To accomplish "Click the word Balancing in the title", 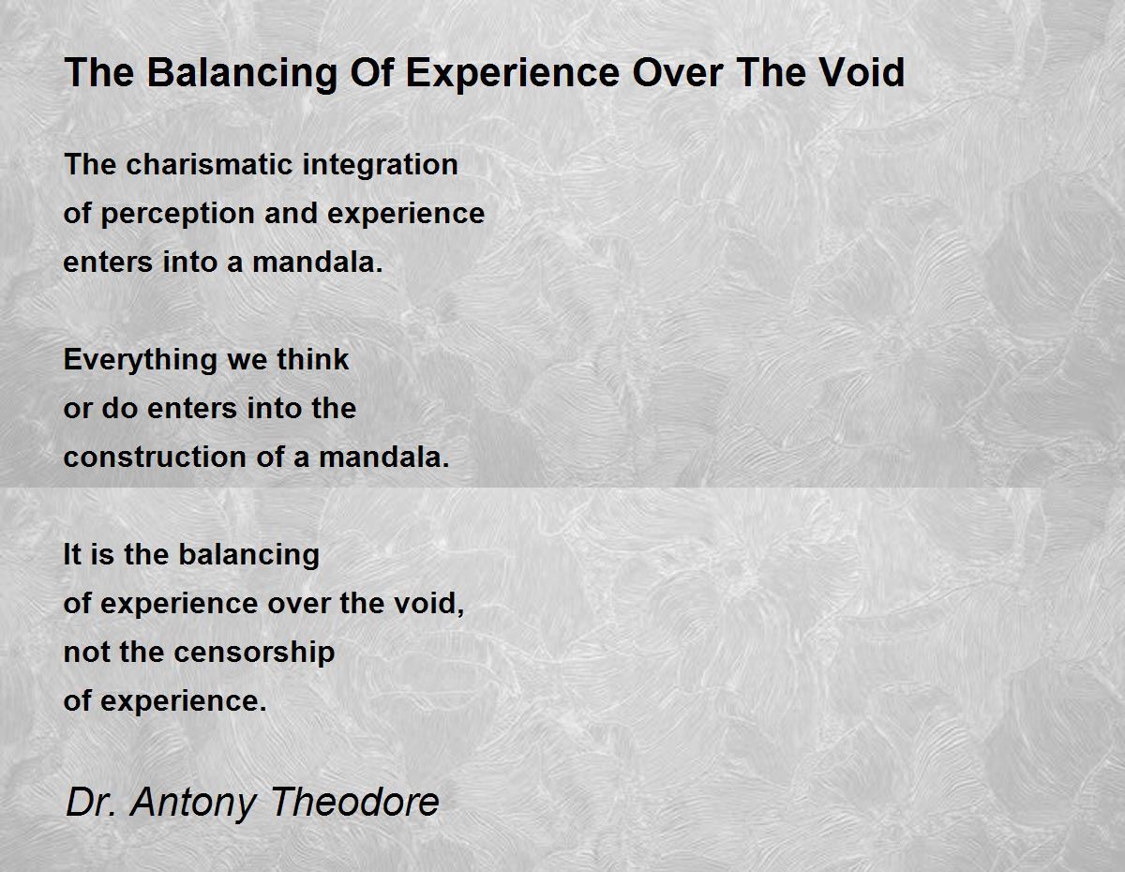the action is [242, 74].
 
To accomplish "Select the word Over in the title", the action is [677, 72].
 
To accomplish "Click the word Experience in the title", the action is [513, 74].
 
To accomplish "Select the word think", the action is [313, 359].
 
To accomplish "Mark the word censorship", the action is [254, 654].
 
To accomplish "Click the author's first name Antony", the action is [193, 803].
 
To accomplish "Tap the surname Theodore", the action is [354, 802].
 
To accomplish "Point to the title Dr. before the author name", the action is [91, 802].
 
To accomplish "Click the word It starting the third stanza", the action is [71, 554].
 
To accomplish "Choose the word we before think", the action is [247, 361].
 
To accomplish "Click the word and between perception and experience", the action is [291, 214].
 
